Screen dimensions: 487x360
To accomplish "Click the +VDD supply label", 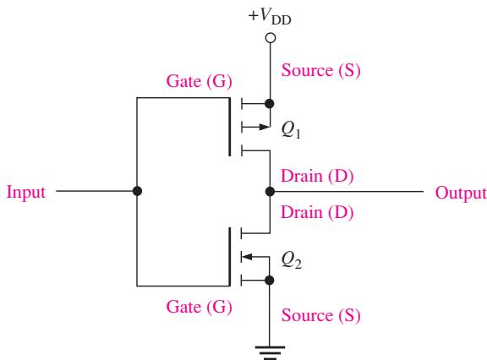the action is coord(270,16).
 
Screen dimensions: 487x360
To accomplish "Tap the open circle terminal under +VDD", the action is coord(271,38).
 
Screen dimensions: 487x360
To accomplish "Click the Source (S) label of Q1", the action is coord(320,71).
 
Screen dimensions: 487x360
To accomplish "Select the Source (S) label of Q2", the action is coord(320,315).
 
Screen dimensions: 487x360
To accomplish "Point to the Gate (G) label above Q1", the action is coord(199,82).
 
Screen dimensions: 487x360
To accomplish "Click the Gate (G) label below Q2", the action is coord(199,308).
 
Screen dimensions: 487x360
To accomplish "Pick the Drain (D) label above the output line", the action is coord(317,177).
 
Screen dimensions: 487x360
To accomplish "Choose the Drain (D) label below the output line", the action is coord(317,213).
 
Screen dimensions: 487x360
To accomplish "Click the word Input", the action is coord(26,193).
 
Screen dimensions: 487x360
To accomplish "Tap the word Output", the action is coord(461,194).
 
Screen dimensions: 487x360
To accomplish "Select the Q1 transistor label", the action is coord(291,130).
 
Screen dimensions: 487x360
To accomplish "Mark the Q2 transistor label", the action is coord(291,259).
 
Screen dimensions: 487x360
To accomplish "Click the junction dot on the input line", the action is coord(137,191).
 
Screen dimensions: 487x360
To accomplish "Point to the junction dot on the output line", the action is coord(271,192).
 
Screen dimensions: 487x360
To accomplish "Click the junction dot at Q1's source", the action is coord(270,104).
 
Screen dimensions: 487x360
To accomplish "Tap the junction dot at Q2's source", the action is coord(269,281).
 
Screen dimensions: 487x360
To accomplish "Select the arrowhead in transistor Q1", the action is coord(265,127).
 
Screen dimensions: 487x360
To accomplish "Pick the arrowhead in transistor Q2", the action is coord(247,257).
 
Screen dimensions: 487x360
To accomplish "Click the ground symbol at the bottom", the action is coord(270,353).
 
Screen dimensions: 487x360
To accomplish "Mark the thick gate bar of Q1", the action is coord(230,127).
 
